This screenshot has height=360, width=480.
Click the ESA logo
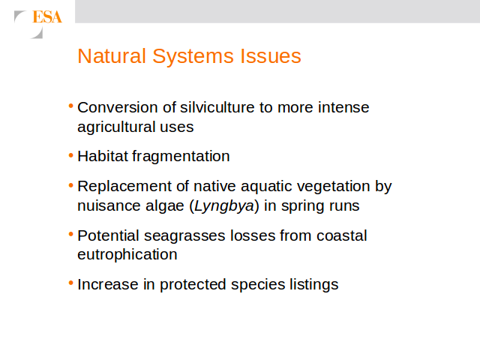(x=38, y=24)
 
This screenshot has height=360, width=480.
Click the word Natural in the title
(x=112, y=56)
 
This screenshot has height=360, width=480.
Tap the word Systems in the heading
(x=193, y=57)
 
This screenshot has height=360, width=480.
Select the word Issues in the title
(x=271, y=56)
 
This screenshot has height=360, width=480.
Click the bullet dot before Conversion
(x=71, y=106)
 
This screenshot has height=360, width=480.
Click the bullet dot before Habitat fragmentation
(x=71, y=155)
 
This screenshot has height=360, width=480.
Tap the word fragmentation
(x=181, y=157)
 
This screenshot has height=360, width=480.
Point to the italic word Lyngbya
(x=224, y=206)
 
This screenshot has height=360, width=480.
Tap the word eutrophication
(x=127, y=255)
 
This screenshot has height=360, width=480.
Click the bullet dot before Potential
(x=71, y=235)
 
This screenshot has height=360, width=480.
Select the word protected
(x=193, y=285)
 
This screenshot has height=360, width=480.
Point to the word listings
(x=314, y=285)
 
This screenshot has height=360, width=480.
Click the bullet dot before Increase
(x=71, y=283)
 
